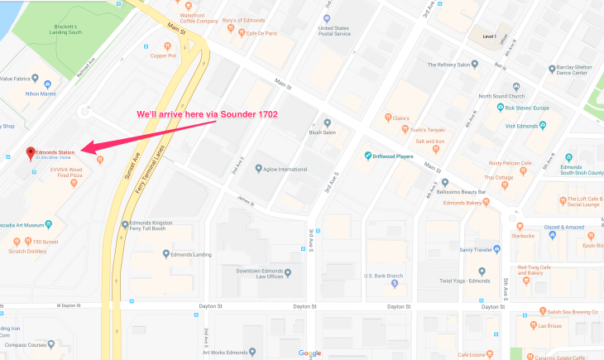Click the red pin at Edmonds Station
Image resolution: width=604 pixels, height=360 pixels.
click(31, 153)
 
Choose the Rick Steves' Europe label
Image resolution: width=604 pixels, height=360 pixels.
click(533, 108)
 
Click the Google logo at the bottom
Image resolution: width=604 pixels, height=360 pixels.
click(309, 353)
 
